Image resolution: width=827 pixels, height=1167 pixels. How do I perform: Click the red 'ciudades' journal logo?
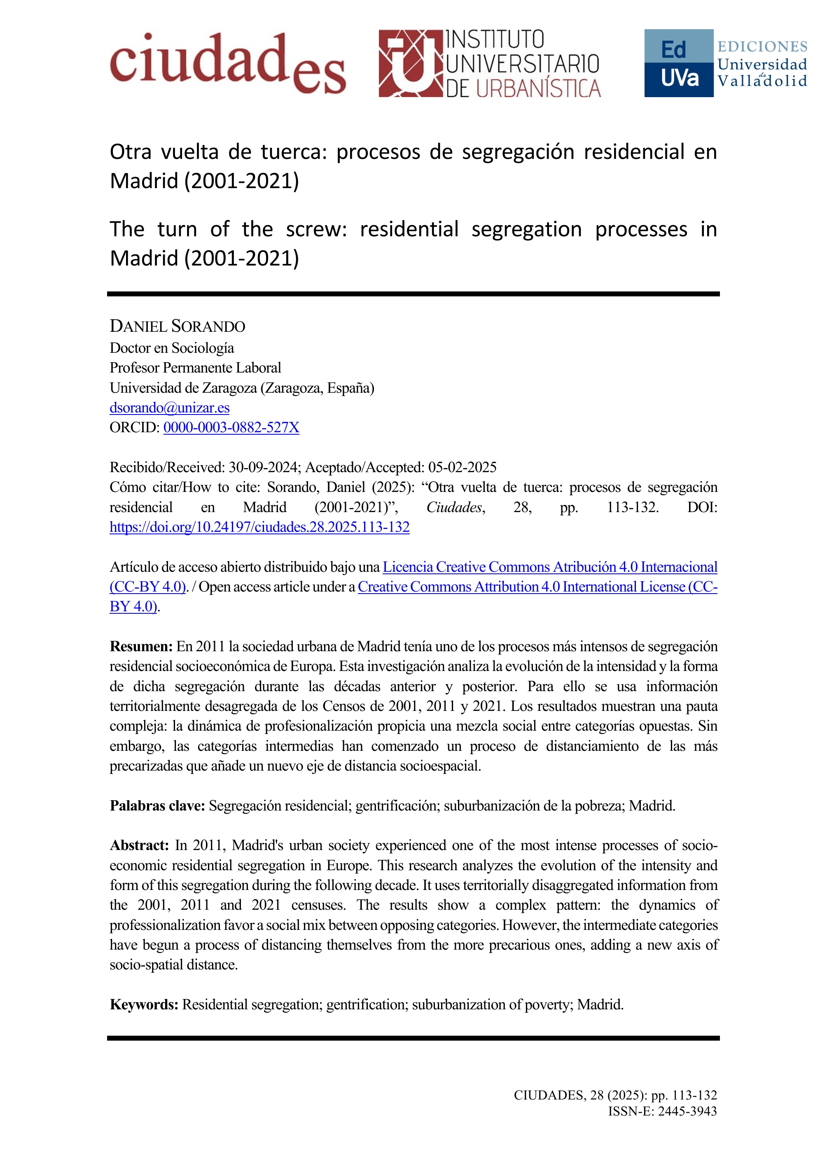[228, 64]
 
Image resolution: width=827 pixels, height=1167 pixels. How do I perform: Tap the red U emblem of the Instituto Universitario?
[411, 64]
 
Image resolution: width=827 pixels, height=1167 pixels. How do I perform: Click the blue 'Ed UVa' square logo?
[678, 63]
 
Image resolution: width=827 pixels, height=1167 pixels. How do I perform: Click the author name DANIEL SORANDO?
[177, 326]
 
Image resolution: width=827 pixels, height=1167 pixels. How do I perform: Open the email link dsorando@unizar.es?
[170, 408]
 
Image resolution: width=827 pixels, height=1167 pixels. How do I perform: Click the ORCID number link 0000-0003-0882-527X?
[231, 428]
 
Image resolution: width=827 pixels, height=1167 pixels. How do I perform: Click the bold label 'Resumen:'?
[141, 646]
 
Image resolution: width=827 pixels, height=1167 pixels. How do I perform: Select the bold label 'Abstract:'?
[139, 846]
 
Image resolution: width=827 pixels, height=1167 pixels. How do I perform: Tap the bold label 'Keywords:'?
[144, 1005]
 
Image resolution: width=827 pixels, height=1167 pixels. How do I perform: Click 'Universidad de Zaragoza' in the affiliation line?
[183, 388]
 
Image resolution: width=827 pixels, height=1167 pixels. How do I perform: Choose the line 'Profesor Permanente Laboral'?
[195, 368]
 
